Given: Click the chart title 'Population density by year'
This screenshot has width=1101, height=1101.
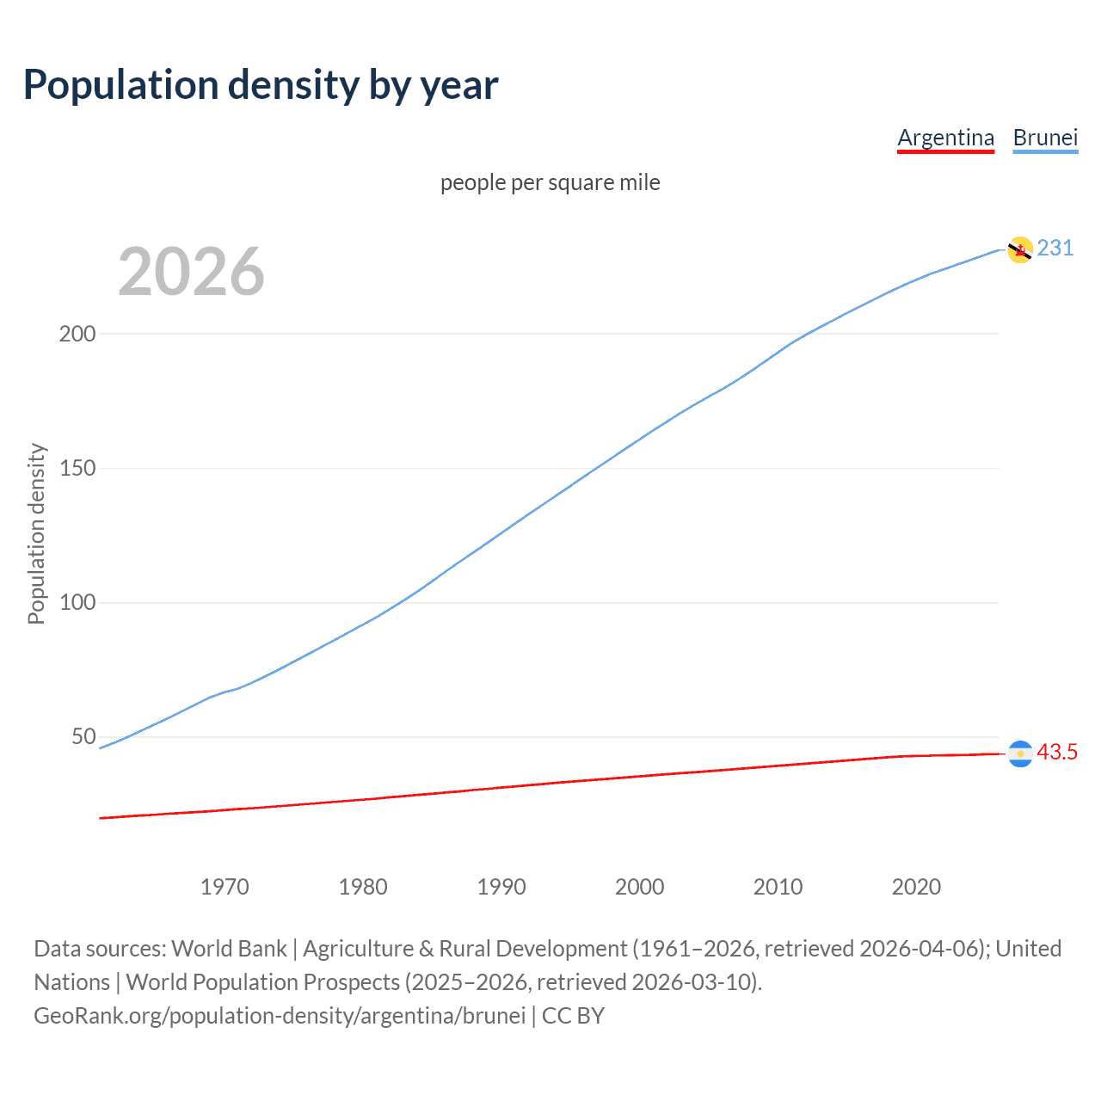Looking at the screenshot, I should click(x=261, y=85).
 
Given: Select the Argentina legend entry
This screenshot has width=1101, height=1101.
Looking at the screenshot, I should click(x=945, y=138).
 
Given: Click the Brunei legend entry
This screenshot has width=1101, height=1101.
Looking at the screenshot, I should click(x=1045, y=138).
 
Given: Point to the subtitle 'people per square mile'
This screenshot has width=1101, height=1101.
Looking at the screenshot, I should click(x=550, y=182).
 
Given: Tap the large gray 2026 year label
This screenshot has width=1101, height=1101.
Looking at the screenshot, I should click(x=191, y=272).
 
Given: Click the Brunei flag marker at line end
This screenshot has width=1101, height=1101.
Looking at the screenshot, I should click(x=1020, y=249).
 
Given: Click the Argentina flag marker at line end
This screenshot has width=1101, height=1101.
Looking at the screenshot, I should click(x=1020, y=753).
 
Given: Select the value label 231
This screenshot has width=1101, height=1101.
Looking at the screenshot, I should click(x=1055, y=248).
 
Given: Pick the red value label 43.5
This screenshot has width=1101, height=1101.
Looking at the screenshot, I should click(x=1057, y=752).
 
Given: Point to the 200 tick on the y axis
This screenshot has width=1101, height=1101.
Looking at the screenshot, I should click(x=77, y=334).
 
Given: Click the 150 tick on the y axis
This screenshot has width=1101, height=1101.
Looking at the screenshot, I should click(x=77, y=468).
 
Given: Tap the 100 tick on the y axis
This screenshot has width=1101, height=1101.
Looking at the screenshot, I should click(x=77, y=602).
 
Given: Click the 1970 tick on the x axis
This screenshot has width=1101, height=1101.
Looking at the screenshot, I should click(x=225, y=887).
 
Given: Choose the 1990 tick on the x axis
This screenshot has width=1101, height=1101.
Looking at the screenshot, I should click(x=501, y=887).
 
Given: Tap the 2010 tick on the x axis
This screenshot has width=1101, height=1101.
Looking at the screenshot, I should click(x=778, y=887).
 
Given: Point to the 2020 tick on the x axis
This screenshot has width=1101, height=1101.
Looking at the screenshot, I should click(x=916, y=887).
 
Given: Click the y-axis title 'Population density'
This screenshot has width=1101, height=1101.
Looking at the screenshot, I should click(x=36, y=533).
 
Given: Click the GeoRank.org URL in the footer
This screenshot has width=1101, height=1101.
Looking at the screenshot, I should click(x=280, y=1016).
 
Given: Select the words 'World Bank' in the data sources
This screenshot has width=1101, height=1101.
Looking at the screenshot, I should click(x=229, y=949).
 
